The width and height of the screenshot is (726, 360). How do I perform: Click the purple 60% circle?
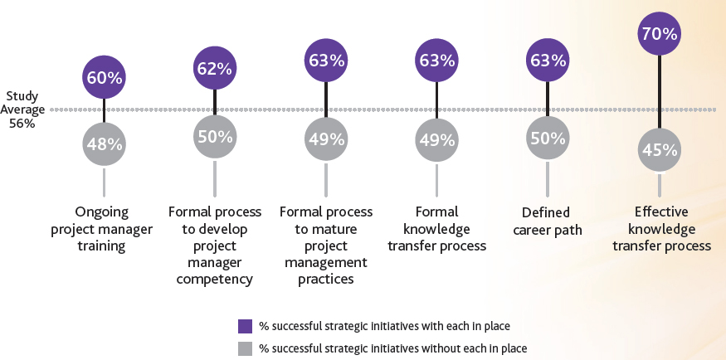tap(104, 78)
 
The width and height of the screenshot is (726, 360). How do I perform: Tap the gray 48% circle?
tap(104, 144)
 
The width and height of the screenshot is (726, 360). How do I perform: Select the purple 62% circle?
tap(215, 69)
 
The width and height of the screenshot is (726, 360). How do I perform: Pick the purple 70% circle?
tap(660, 34)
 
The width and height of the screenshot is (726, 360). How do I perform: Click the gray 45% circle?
tap(660, 150)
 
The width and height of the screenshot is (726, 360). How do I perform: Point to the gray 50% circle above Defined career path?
tap(548, 138)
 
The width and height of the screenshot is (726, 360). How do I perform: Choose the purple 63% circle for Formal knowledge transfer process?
tap(436, 61)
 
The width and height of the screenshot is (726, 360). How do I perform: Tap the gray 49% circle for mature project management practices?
tap(325, 139)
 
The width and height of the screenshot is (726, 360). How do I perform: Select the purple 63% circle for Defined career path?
tap(548, 61)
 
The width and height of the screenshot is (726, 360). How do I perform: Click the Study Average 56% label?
tap(22, 109)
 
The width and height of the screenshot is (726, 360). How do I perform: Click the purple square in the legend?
tap(245, 325)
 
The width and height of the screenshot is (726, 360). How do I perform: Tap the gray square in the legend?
tap(245, 348)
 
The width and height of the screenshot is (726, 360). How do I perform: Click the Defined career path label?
tap(548, 220)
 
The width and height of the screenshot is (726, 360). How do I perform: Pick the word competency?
tap(215, 279)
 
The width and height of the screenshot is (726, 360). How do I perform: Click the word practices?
tap(325, 279)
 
